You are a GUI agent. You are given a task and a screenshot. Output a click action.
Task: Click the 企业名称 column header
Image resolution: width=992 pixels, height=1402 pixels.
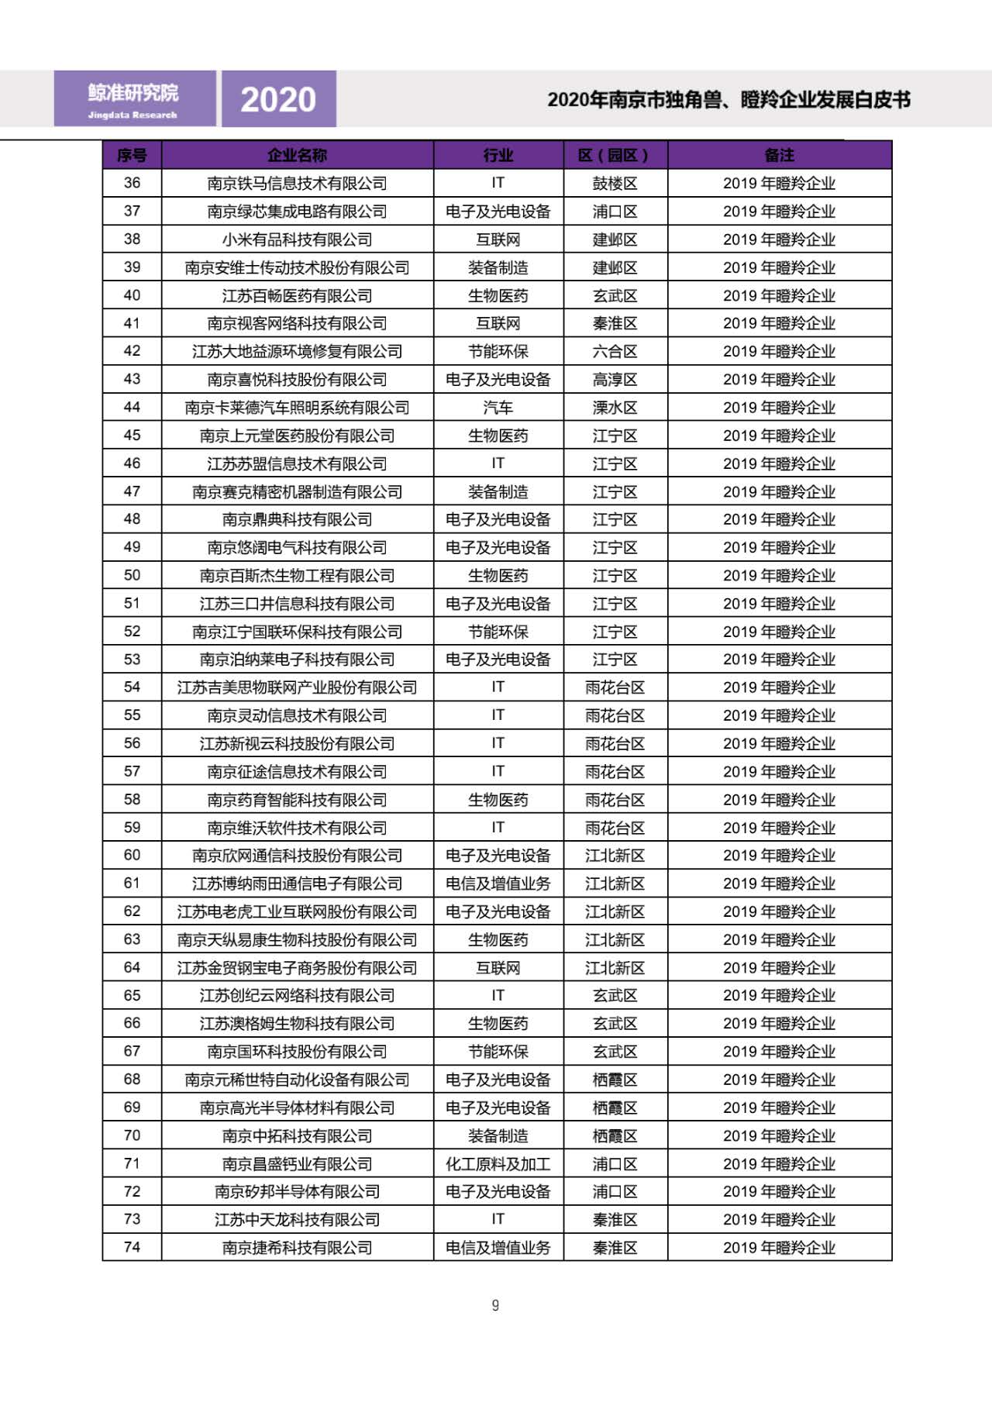297,155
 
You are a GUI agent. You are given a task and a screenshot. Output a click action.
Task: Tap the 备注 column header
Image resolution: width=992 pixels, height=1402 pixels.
779,155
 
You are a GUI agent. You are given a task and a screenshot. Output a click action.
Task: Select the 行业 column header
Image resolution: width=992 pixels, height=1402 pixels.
498,155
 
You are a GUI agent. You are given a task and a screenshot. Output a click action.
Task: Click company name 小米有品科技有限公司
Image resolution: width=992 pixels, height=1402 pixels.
297,239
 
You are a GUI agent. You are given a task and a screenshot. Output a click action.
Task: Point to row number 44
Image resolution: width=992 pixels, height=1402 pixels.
132,407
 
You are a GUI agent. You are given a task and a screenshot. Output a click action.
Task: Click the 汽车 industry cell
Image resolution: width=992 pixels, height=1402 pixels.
498,407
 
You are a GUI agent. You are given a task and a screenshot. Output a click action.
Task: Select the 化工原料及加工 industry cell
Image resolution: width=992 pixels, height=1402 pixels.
498,1163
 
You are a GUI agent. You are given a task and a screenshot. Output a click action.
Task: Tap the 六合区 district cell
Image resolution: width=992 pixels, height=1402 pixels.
615,351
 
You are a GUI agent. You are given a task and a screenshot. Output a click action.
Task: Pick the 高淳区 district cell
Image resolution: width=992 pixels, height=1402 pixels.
615,379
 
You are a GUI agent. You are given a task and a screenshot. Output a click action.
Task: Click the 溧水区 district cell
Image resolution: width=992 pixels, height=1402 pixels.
615,407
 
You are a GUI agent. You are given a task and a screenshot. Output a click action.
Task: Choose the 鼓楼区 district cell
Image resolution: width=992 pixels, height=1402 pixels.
615,183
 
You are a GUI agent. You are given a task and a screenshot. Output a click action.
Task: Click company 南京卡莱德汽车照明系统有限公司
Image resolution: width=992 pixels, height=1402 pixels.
297,407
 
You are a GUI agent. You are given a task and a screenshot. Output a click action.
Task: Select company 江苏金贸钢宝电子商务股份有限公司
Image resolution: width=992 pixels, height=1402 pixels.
297,967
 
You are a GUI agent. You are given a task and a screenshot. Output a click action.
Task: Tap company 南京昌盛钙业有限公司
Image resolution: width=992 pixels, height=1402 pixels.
297,1163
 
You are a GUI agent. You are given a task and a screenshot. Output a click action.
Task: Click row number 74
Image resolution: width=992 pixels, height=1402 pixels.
132,1247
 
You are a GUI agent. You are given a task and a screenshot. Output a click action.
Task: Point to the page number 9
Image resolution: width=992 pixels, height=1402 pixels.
495,1305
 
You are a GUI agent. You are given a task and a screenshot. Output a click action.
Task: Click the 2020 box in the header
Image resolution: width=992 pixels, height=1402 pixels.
278,99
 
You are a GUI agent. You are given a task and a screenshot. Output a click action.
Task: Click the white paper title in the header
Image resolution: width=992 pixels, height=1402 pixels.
728,99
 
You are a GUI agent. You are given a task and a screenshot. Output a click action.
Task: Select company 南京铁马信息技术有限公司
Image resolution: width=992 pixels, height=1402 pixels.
297,183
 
